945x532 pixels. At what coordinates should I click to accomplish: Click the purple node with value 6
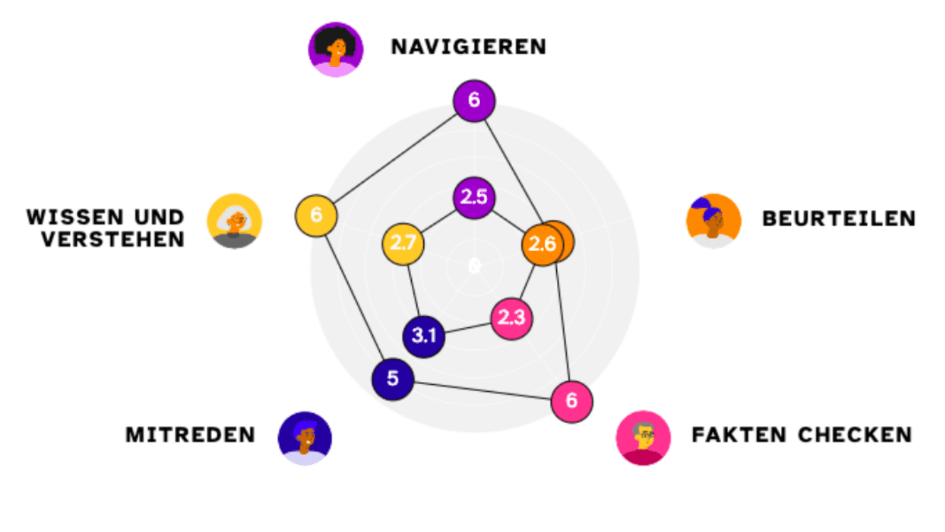point(474,100)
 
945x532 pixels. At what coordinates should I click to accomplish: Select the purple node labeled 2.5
point(474,197)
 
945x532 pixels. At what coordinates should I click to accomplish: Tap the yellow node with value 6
point(316,215)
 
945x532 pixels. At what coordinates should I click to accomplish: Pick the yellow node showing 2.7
point(403,243)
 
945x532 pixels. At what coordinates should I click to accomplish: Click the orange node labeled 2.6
point(542,244)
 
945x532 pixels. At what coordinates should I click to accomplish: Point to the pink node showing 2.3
point(511,318)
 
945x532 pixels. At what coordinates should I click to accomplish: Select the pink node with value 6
point(571,401)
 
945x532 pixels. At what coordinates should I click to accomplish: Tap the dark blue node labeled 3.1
point(423,336)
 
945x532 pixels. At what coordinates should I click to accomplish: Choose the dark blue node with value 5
point(393,379)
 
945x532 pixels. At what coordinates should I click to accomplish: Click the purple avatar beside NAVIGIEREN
point(335,50)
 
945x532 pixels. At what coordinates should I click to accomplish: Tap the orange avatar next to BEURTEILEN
point(713,220)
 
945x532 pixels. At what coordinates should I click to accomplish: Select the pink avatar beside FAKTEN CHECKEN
point(643,438)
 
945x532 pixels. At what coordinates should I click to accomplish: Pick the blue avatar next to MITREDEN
point(305,438)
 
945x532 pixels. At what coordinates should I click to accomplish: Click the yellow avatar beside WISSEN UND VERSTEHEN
point(234,221)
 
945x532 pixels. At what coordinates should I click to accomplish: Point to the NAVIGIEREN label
point(468,47)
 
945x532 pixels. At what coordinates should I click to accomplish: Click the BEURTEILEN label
point(839,219)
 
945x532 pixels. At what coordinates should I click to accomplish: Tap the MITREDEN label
point(190,435)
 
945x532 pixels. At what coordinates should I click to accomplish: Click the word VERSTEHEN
point(113,239)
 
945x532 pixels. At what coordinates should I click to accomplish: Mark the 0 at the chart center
point(474,266)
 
